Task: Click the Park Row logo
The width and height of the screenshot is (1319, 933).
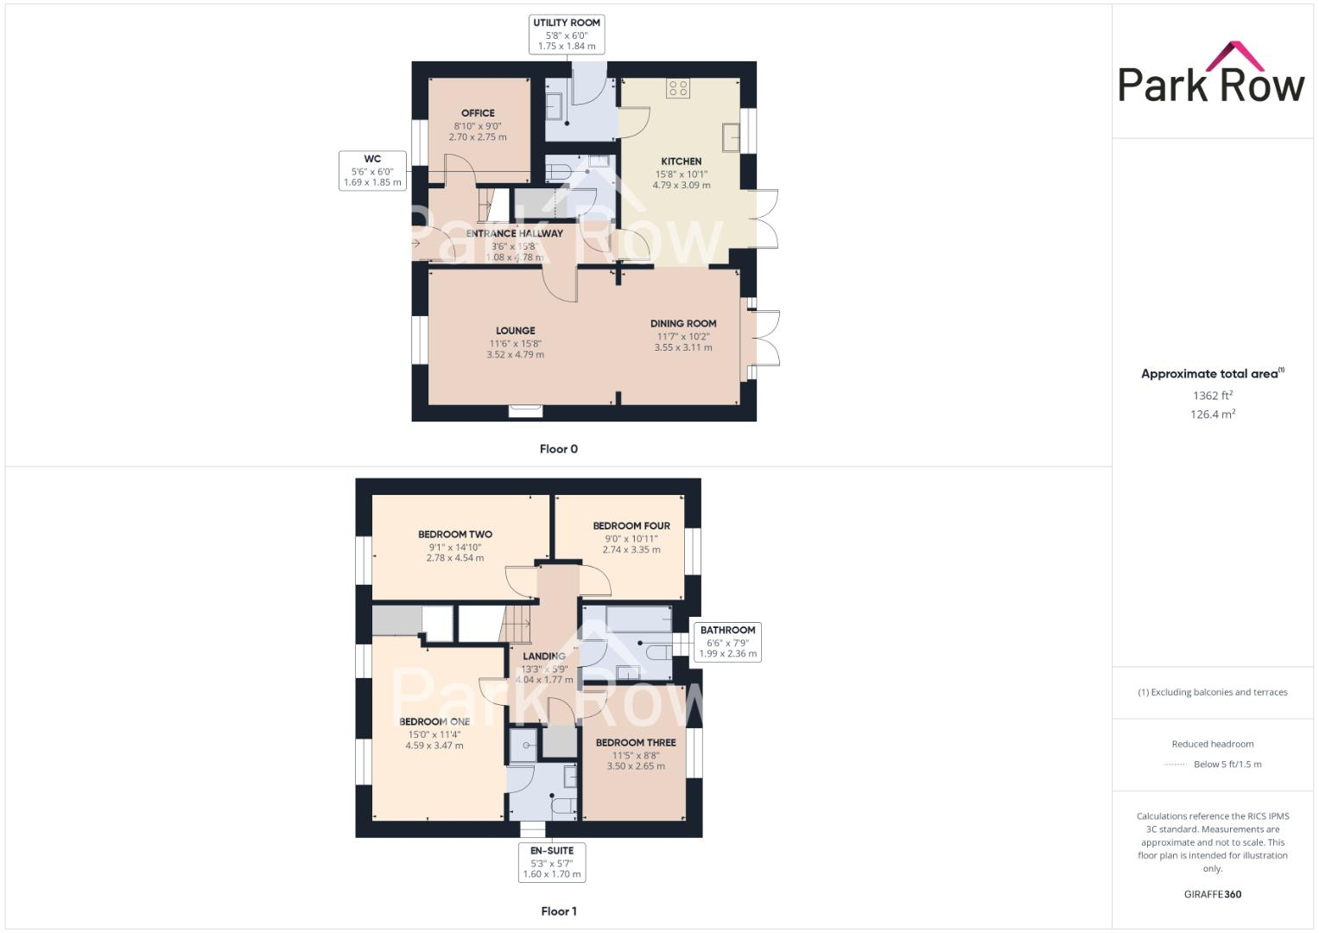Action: pyautogui.click(x=1211, y=73)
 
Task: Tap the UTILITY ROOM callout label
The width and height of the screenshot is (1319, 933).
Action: pyautogui.click(x=567, y=35)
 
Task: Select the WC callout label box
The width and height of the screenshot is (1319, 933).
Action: pyautogui.click(x=372, y=170)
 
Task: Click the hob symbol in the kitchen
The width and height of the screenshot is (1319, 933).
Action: pyautogui.click(x=678, y=87)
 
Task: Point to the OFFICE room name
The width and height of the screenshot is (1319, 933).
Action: pyautogui.click(x=478, y=113)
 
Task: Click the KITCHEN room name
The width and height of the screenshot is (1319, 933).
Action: pyautogui.click(x=682, y=162)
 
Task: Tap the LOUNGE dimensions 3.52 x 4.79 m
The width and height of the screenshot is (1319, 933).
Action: pyautogui.click(x=515, y=354)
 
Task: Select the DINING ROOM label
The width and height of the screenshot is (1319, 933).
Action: pyautogui.click(x=683, y=324)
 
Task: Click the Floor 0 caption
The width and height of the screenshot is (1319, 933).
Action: pyautogui.click(x=559, y=449)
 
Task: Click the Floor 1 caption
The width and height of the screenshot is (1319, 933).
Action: pyautogui.click(x=559, y=911)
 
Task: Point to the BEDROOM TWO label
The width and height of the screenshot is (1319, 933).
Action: pyautogui.click(x=455, y=535)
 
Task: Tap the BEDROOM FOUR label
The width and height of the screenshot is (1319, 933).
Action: pyautogui.click(x=631, y=526)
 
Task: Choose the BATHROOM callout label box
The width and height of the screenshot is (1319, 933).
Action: pyautogui.click(x=727, y=642)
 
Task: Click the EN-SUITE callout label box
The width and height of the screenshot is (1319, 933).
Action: pyautogui.click(x=552, y=862)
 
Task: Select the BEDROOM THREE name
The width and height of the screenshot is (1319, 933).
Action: pyautogui.click(x=636, y=743)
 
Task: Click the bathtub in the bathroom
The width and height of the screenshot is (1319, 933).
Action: pyautogui.click(x=639, y=618)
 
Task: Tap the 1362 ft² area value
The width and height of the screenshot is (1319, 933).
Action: pyautogui.click(x=1213, y=396)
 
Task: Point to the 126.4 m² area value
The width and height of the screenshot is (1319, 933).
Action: pyautogui.click(x=1213, y=415)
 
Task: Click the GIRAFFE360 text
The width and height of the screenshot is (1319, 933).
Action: pyautogui.click(x=1213, y=894)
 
